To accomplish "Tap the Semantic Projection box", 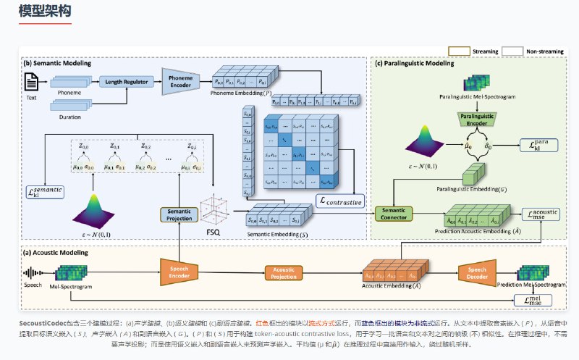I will click(x=179, y=214).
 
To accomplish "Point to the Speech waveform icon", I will click(x=32, y=274).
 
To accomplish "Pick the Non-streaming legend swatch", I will click(x=512, y=52).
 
